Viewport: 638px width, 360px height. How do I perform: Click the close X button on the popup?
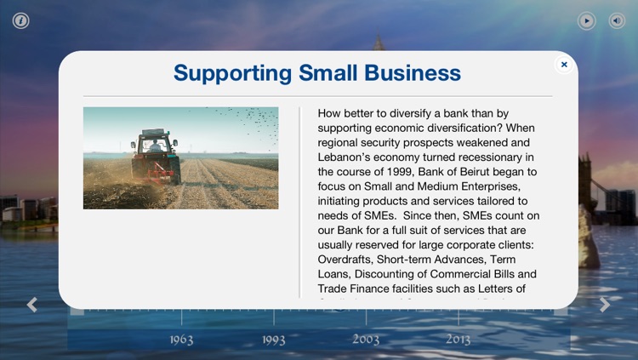pos(563,64)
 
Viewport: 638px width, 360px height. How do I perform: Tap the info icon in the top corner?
pos(20,20)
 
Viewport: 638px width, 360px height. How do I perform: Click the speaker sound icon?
pos(617,20)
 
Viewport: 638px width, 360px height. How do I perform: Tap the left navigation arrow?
pos(32,304)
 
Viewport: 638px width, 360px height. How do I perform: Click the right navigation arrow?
pos(604,304)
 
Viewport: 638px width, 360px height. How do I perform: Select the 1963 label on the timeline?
pos(181,340)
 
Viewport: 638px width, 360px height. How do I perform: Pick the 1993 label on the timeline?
pos(274,340)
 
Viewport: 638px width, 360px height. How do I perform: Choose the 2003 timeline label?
pos(366,340)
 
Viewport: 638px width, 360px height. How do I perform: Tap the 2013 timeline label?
pos(459,340)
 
